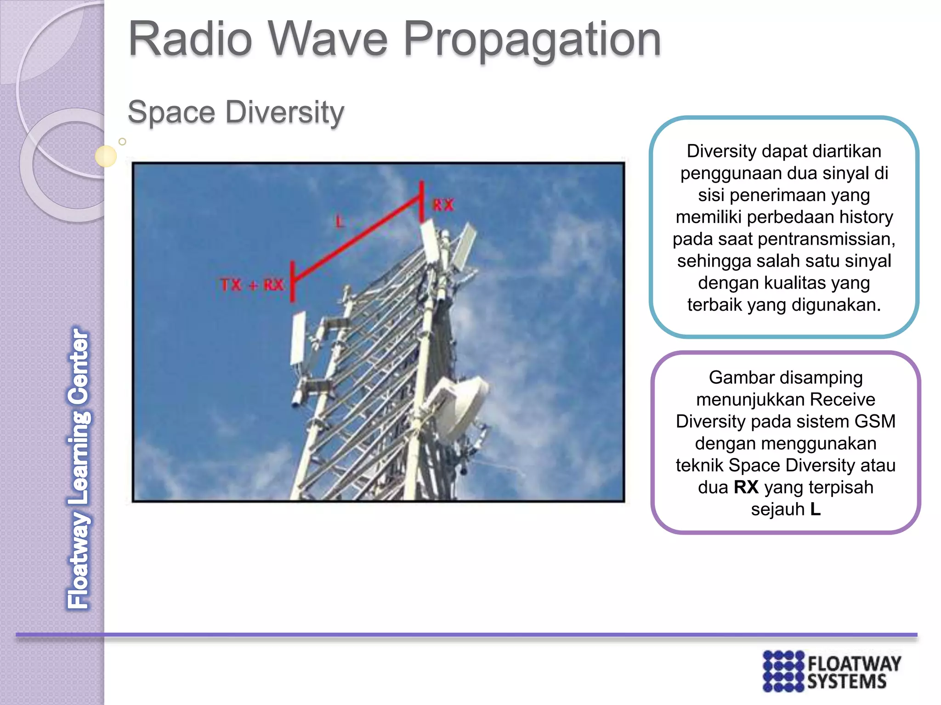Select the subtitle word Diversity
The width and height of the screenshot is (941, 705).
tap(284, 112)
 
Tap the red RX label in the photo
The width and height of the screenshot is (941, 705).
tap(443, 205)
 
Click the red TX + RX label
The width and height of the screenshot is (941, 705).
tap(252, 285)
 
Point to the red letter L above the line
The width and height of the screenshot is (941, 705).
tap(340, 222)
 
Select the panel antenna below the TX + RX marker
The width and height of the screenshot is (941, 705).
tap(298, 338)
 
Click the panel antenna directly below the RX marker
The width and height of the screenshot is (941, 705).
tap(429, 241)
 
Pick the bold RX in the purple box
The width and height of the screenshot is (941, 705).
tap(746, 487)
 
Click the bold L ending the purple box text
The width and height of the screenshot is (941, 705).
tap(815, 509)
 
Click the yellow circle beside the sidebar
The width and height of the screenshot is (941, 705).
tap(106, 156)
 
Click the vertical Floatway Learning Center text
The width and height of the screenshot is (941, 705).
tap(79, 468)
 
